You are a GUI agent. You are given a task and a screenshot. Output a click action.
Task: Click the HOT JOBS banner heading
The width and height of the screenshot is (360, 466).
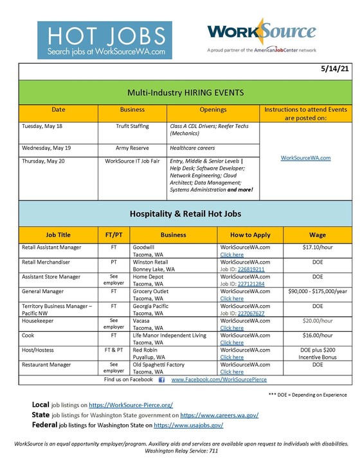(104, 35)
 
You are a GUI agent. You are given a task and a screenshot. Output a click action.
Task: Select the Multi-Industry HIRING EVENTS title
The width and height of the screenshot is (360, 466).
(179, 92)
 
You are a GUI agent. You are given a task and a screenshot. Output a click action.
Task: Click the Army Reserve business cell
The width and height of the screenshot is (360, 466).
(132, 148)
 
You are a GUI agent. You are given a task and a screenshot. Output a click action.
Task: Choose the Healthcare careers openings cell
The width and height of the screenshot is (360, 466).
(193, 148)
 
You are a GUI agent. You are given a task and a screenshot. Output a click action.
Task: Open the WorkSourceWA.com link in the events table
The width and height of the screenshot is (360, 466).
(306, 157)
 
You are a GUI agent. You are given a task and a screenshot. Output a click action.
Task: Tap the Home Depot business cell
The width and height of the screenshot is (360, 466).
(147, 277)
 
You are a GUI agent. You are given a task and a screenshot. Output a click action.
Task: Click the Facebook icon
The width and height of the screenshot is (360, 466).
(161, 380)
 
